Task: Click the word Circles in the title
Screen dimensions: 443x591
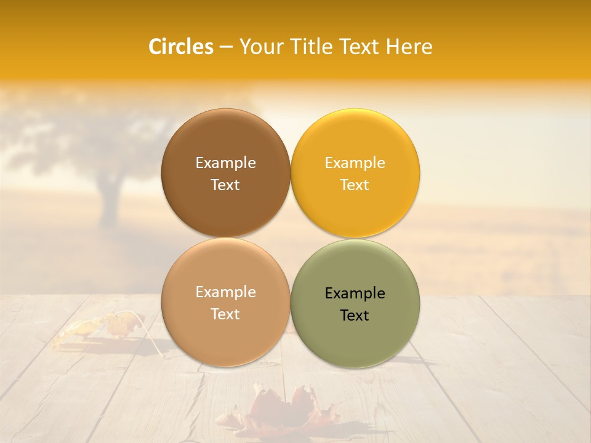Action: point(181,47)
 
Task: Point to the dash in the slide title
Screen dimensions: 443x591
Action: point(226,47)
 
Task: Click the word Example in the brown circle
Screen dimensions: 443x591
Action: point(225,162)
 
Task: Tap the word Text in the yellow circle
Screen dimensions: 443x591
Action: point(355,185)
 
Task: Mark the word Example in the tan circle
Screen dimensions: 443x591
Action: point(225,292)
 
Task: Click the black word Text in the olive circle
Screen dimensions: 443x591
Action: point(355,315)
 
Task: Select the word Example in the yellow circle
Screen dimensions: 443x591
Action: point(355,162)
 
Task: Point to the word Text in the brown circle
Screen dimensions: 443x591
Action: point(225,185)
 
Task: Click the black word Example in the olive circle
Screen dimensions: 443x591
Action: point(355,293)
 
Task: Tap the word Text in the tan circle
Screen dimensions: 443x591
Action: point(225,314)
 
